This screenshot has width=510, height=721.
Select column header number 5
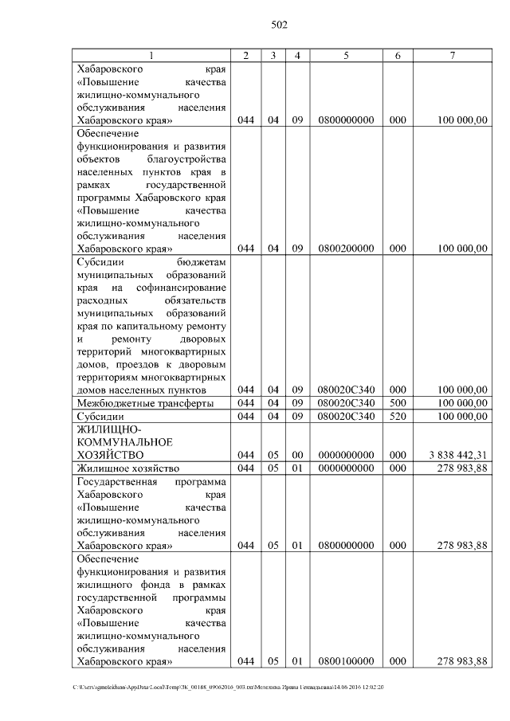[x=346, y=55]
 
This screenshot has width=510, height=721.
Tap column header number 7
[x=453, y=55]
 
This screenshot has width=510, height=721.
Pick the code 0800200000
[x=346, y=249]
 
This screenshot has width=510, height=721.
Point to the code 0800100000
[x=346, y=661]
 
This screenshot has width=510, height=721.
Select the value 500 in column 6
[x=398, y=403]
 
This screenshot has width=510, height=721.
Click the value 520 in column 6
[x=398, y=417]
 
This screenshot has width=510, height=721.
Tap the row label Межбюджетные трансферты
[x=144, y=403]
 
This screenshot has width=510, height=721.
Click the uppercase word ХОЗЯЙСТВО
[x=110, y=455]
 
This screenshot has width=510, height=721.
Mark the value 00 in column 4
[x=297, y=455]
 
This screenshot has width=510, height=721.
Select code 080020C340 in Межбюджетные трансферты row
[x=346, y=403]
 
